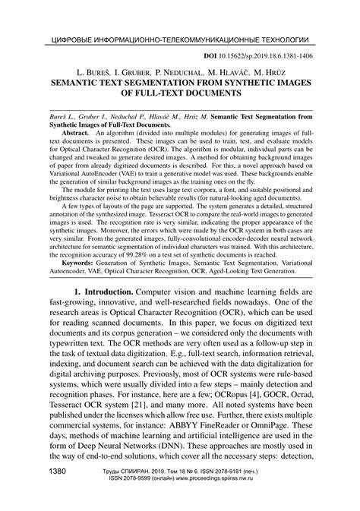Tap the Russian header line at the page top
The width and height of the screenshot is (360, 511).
pyautogui.click(x=179, y=38)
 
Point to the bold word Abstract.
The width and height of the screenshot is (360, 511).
pyautogui.click(x=75, y=132)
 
